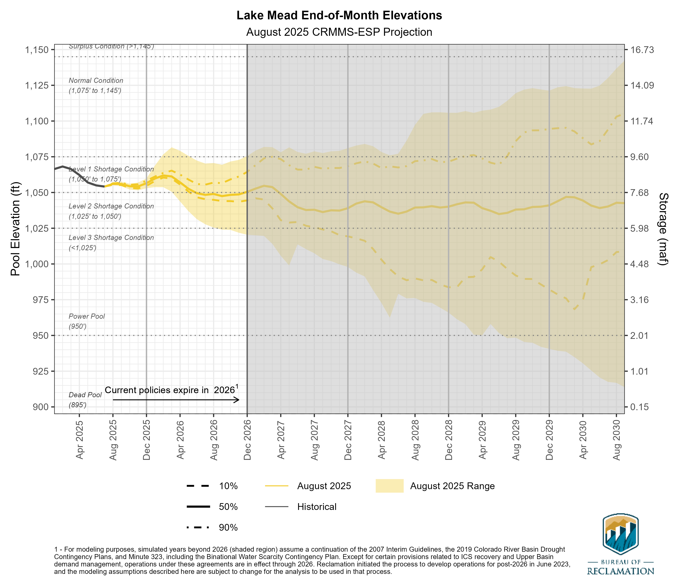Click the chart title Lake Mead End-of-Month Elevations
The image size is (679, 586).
tap(339, 15)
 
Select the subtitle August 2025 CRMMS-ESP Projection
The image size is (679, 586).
tap(339, 32)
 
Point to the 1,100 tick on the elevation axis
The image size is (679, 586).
tap(37, 121)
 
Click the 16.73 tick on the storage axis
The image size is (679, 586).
tap(641, 50)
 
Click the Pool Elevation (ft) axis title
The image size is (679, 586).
tap(15, 229)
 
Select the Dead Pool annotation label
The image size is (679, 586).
tap(85, 395)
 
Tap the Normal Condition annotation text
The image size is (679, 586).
tap(96, 81)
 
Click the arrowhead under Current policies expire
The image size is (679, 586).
tap(238, 400)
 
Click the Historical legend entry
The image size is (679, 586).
tap(317, 507)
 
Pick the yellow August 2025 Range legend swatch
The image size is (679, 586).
tap(389, 486)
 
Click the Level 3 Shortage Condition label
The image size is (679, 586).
tap(111, 238)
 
